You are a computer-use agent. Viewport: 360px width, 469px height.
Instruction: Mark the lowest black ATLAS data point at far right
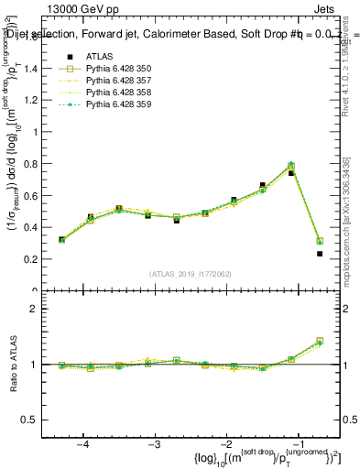tap(320, 254)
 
